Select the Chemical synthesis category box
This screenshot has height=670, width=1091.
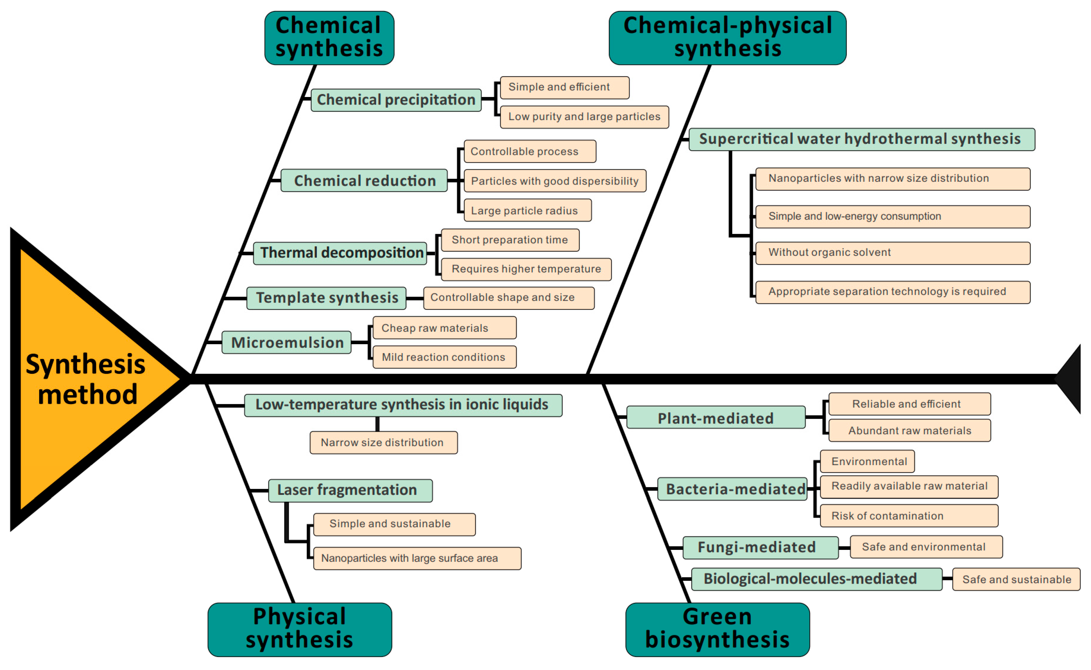tap(329, 38)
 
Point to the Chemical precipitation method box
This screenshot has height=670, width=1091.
tap(396, 100)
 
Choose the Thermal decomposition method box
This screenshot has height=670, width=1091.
tap(340, 253)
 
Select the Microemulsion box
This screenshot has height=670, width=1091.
tap(286, 343)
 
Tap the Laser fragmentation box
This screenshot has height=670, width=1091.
tap(350, 490)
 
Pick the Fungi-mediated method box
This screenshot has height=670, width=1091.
tap(760, 547)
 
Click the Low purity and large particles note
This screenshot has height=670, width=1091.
tap(584, 117)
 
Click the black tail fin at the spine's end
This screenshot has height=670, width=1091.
tap(1071, 379)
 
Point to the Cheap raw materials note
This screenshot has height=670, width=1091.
tap(444, 328)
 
